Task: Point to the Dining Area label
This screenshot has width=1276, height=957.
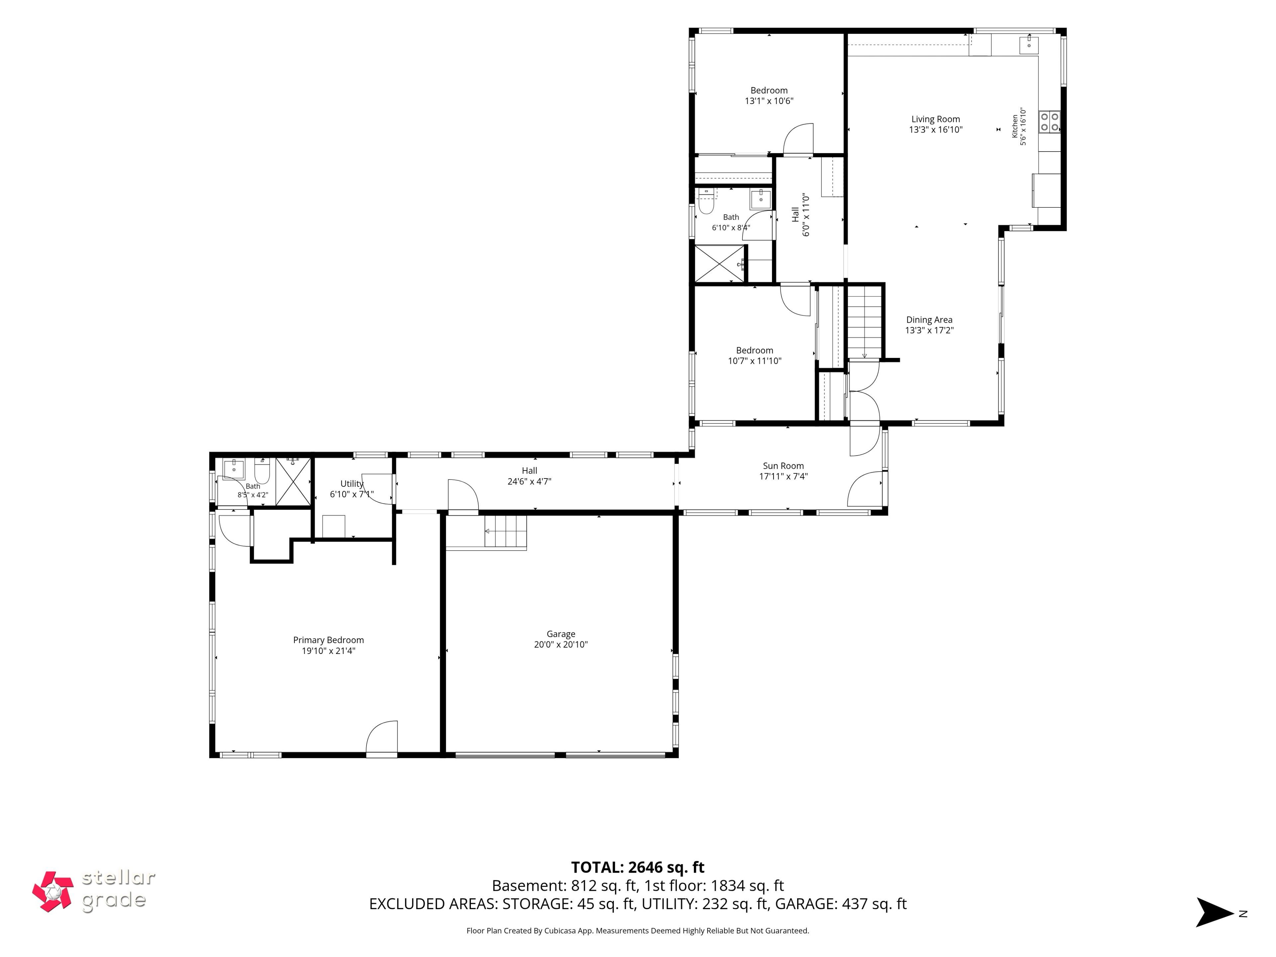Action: click(x=929, y=320)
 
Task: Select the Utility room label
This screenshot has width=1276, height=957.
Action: click(x=352, y=484)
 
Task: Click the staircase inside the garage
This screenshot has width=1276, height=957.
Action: click(x=506, y=531)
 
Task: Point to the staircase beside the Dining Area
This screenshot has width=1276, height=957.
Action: click(x=864, y=322)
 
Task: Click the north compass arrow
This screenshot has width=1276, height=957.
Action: click(x=1214, y=912)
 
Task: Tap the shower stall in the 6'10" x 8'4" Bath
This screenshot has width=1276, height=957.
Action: click(x=719, y=264)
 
